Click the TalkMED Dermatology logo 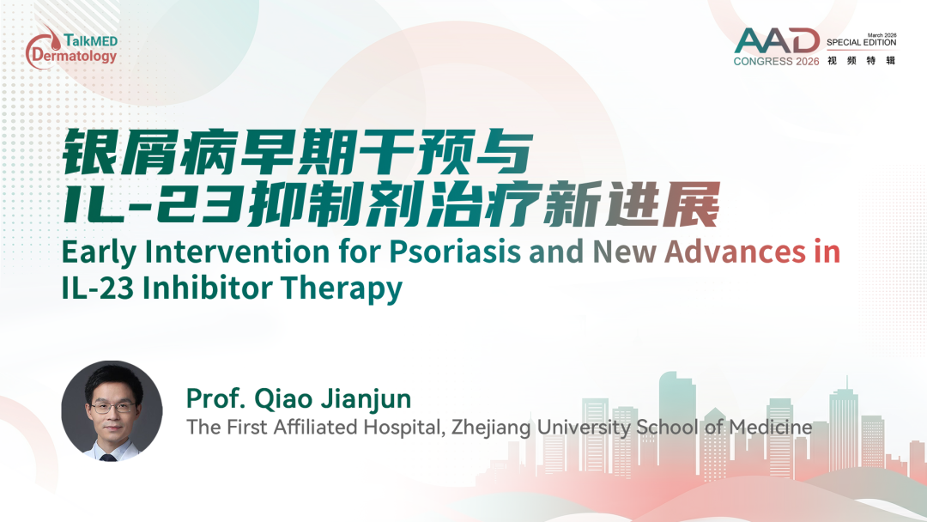[x=71, y=46]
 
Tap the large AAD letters [x=777, y=41]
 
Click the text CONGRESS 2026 [x=776, y=62]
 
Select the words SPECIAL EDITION [x=862, y=43]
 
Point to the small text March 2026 [x=882, y=35]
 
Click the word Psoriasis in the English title [x=455, y=252]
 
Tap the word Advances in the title [x=736, y=252]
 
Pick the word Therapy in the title [x=341, y=289]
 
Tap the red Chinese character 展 [x=690, y=204]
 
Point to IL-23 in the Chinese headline [x=153, y=204]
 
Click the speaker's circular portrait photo [x=112, y=411]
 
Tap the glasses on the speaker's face [x=112, y=407]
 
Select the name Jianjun [x=366, y=399]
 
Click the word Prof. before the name [x=215, y=399]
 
